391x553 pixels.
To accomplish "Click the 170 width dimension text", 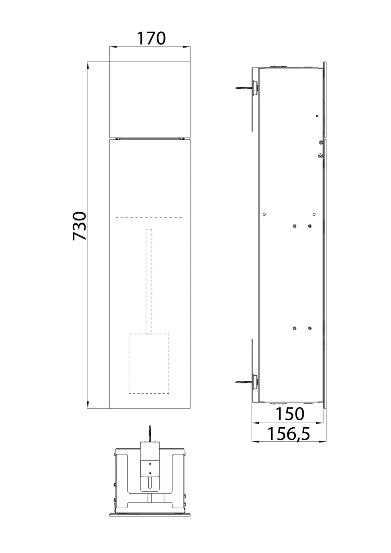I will (x=151, y=38).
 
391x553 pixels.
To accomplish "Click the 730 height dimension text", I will (x=80, y=226).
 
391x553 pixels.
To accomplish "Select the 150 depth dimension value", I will (x=290, y=414).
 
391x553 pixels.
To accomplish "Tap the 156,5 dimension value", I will (x=288, y=434).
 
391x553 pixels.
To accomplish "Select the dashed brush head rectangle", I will (x=149, y=363).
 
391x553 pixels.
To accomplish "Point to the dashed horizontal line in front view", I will (x=149, y=217).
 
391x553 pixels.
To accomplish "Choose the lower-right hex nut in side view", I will (x=309, y=328).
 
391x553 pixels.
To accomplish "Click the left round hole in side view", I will (x=264, y=214).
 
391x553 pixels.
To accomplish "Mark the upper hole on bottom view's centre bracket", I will (x=150, y=464).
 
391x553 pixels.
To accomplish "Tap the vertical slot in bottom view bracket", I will (x=150, y=483).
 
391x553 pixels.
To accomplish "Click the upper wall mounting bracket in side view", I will (x=252, y=100).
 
